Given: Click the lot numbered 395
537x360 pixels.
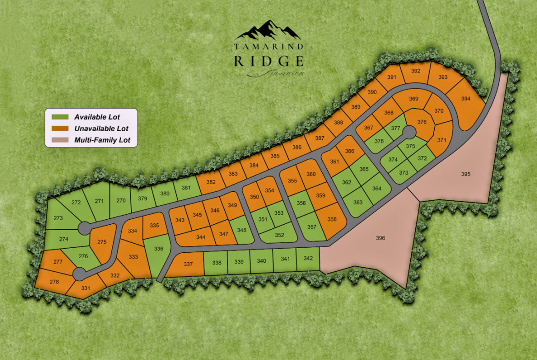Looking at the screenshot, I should (x=466, y=174).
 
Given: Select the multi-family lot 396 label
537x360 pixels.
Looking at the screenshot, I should (x=380, y=238).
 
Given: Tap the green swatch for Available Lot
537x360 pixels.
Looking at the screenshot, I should (x=61, y=117).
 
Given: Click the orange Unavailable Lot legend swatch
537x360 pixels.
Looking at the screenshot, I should (x=61, y=128).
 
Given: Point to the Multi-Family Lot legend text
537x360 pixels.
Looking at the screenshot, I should (x=102, y=140).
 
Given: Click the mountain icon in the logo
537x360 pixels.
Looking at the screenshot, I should (x=268, y=31).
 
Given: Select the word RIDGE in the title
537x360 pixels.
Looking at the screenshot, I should (x=268, y=61).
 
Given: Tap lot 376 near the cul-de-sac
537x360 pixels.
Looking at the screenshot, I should (x=422, y=122).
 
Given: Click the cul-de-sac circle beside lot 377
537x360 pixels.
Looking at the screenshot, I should (x=409, y=132).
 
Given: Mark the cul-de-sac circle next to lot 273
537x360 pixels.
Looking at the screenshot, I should (x=84, y=227).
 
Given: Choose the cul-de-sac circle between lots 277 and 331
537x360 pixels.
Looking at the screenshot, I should (x=79, y=274).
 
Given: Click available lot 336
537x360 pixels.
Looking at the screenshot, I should (x=159, y=249).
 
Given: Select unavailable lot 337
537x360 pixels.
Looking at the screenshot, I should (x=188, y=264).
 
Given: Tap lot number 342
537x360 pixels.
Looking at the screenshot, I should (x=308, y=259).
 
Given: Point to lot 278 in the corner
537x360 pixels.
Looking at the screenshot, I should (x=54, y=282).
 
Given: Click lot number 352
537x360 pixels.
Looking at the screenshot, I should (x=279, y=235).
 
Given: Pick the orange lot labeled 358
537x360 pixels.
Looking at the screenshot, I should (x=332, y=220).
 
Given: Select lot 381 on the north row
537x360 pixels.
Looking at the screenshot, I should (x=186, y=188).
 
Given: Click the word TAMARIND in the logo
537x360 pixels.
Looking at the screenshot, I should (x=268, y=47).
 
